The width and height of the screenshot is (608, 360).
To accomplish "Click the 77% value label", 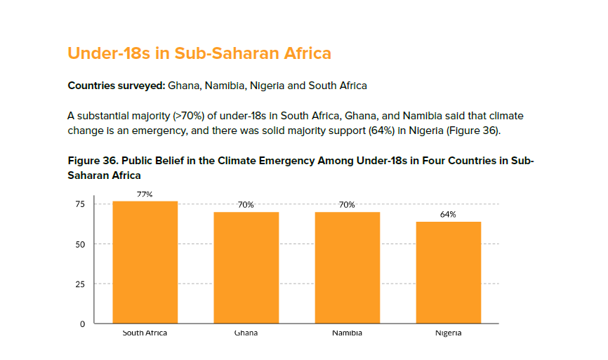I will click(145, 194).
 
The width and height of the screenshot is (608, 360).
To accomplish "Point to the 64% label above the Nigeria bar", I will click(448, 215).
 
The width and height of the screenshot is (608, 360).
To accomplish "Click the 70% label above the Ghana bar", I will click(246, 205).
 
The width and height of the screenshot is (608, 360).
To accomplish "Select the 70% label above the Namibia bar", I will click(347, 205).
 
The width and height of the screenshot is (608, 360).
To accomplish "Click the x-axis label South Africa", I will click(145, 333).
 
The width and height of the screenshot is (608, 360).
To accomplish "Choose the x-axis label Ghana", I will click(246, 333).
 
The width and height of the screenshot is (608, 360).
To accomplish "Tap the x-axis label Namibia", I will click(347, 333).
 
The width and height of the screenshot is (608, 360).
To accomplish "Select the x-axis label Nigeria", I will click(448, 333).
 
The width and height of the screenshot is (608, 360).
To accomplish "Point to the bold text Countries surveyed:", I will click(116, 86).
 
